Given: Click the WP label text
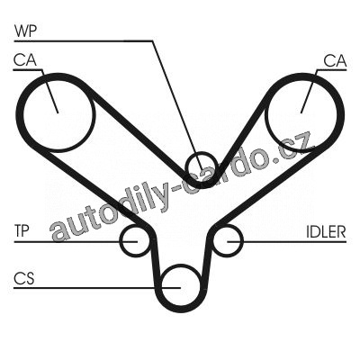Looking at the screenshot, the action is click(x=25, y=31).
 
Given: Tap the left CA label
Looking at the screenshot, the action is click(x=24, y=60).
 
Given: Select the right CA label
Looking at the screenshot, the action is click(x=335, y=61).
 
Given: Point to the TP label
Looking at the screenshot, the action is click(x=22, y=231).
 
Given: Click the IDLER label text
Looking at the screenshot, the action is click(x=326, y=231).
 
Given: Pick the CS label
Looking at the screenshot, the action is click(x=24, y=278).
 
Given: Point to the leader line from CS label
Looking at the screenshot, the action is click(x=97, y=288).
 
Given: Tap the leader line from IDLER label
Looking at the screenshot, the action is click(x=286, y=241).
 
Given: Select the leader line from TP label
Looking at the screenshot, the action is click(x=76, y=241).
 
